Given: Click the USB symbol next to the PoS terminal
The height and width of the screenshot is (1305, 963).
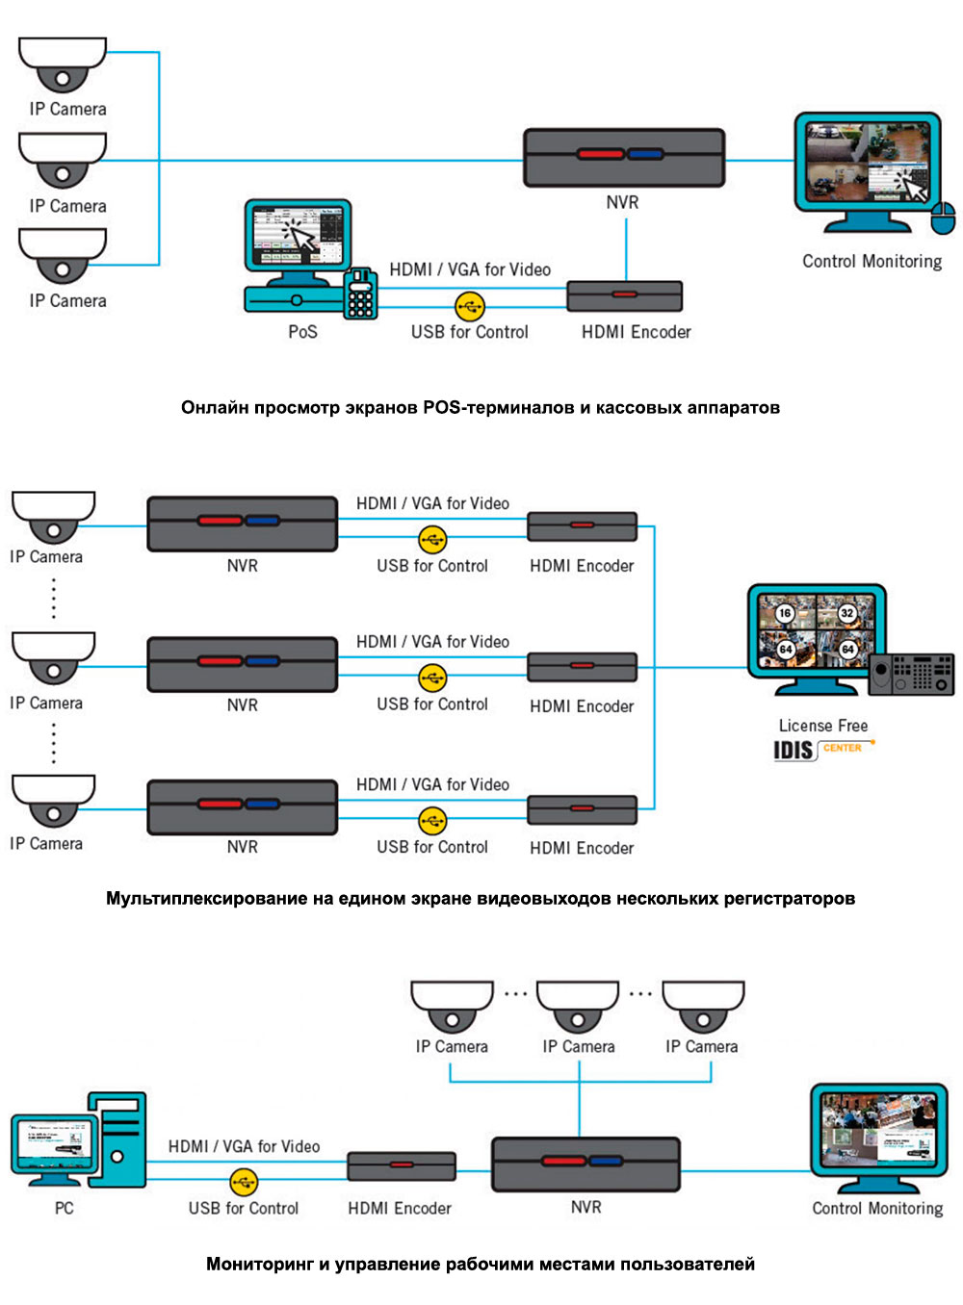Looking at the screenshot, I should click(x=469, y=307).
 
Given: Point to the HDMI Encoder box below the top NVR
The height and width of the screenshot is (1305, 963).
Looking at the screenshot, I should click(x=624, y=295).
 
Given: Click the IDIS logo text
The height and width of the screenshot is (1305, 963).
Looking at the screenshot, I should click(x=794, y=750).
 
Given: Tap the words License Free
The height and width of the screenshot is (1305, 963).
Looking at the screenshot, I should click(x=823, y=726).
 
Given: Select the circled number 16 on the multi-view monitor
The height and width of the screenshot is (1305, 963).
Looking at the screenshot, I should click(x=786, y=613).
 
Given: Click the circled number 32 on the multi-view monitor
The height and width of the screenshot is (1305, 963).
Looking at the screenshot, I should click(x=847, y=613).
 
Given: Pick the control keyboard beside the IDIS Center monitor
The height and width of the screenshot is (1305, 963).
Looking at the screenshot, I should click(x=911, y=674).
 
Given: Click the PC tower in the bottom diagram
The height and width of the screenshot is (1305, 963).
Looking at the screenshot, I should click(x=118, y=1139).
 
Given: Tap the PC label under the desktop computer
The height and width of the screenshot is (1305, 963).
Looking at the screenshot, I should click(x=65, y=1208).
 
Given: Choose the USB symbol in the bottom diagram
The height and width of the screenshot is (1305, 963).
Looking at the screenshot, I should click(x=244, y=1181).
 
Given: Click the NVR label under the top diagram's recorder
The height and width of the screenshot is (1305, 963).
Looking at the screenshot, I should click(x=622, y=202).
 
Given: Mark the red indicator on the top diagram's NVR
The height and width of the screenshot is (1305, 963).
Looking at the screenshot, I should click(x=600, y=154).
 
